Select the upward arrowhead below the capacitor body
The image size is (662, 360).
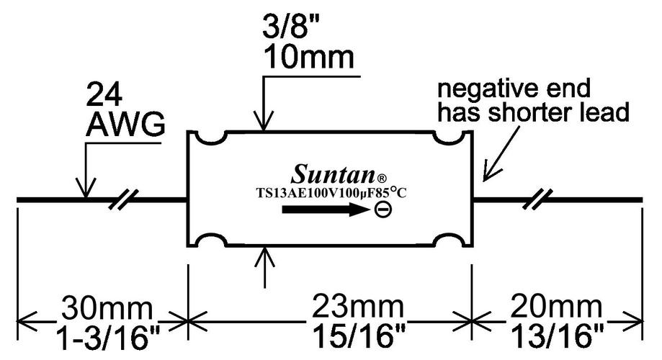265,251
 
